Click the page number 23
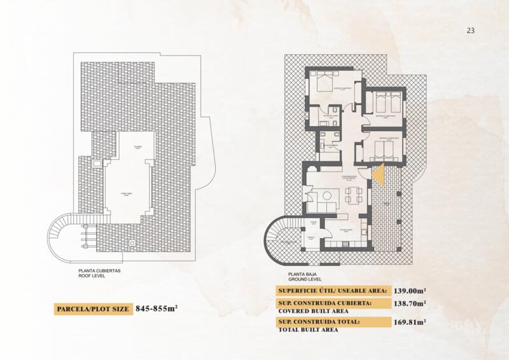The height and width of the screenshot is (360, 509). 471,30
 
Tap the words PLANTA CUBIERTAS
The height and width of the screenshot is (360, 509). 99,270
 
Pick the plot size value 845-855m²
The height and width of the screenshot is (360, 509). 155,309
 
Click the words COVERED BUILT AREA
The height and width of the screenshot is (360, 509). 307,312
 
